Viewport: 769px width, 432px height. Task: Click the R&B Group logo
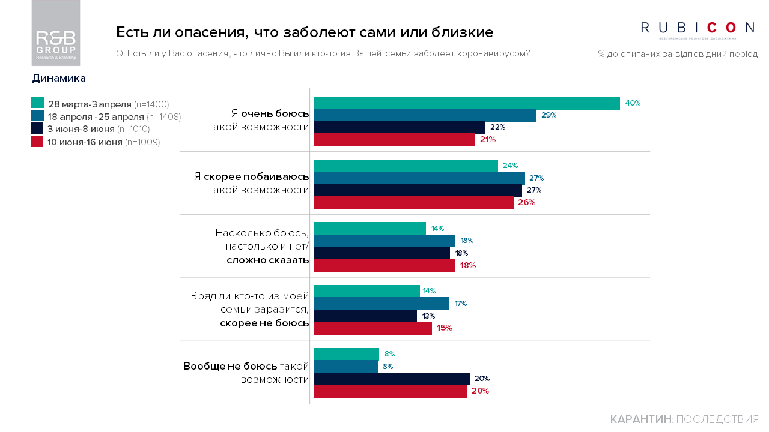pos(56,34)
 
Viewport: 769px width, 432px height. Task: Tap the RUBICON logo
pos(698,28)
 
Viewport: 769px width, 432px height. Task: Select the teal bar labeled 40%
pos(467,103)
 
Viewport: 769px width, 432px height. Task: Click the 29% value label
pos(549,115)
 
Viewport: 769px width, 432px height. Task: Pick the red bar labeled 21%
pos(395,140)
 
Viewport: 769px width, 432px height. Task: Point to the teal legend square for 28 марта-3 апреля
pos(38,103)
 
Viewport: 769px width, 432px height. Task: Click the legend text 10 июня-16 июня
pos(85,142)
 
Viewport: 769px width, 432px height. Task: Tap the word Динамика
pos(59,79)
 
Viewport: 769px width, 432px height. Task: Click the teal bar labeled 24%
pos(406,166)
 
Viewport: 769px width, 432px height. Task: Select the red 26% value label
pos(526,203)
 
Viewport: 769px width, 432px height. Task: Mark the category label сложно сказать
pos(267,260)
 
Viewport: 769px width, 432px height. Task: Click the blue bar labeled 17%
pos(381,304)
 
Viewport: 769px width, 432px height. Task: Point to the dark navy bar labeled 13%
pos(365,316)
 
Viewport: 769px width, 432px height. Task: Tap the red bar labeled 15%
pos(373,328)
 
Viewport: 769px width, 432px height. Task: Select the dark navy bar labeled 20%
pos(392,379)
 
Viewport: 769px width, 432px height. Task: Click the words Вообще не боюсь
pos(230,366)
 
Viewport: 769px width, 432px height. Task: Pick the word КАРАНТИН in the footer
pos(640,419)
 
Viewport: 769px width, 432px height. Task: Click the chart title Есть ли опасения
pos(304,32)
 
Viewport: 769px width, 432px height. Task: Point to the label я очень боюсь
pos(270,113)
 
